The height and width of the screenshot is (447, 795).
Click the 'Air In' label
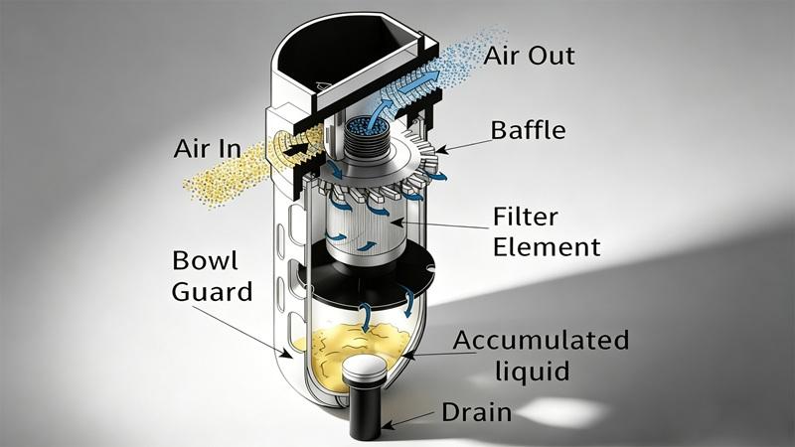point(206,149)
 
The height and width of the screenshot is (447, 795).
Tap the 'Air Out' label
point(529,55)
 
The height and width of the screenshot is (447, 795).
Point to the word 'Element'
point(547,245)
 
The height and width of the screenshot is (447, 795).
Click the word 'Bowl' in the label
point(206,261)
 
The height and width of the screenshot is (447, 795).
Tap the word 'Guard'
point(210,292)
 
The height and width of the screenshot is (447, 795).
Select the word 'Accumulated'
point(541,340)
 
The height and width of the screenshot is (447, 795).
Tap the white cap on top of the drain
point(364,369)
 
